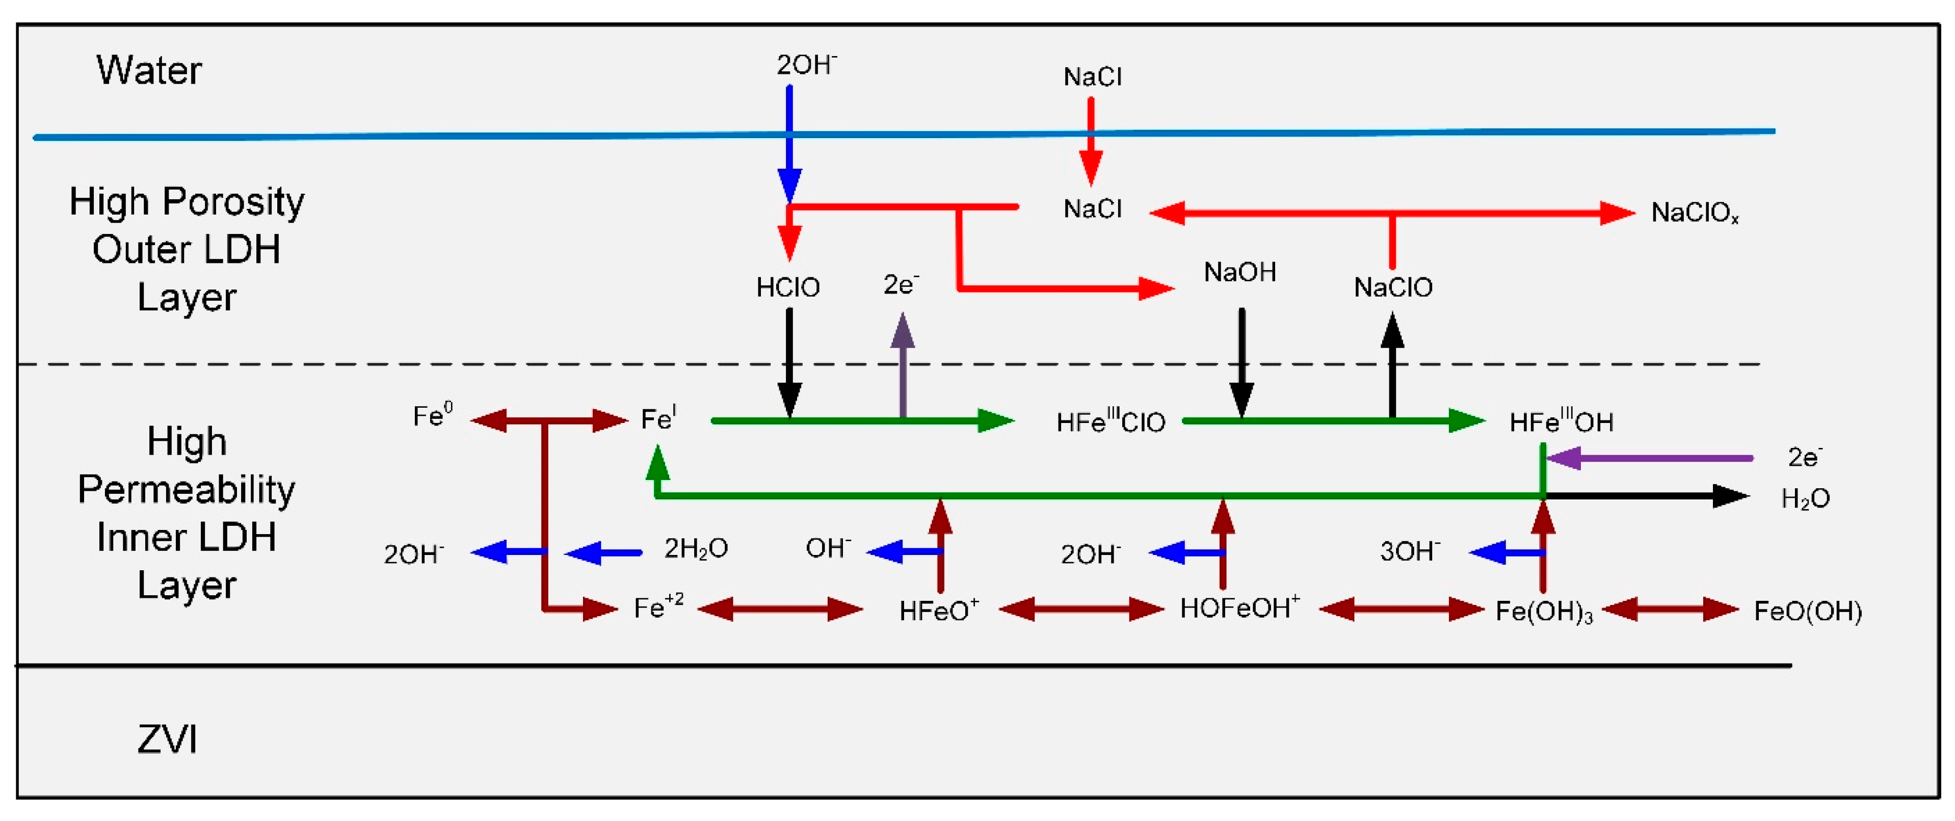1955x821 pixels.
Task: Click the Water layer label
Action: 149,70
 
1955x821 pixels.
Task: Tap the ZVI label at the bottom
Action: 167,739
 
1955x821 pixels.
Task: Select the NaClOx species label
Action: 1694,213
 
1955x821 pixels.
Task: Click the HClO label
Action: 788,287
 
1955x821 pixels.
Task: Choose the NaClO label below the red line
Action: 1393,287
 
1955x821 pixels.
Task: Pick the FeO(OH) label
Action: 1807,611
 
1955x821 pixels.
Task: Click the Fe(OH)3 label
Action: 1544,611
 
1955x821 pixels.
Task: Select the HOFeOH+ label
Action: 1239,608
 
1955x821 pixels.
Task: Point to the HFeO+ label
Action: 939,610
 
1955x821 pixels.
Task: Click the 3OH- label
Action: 1409,551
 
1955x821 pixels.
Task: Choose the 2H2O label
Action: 695,548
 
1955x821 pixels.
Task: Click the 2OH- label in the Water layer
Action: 806,65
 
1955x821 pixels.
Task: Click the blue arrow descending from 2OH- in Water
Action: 789,144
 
